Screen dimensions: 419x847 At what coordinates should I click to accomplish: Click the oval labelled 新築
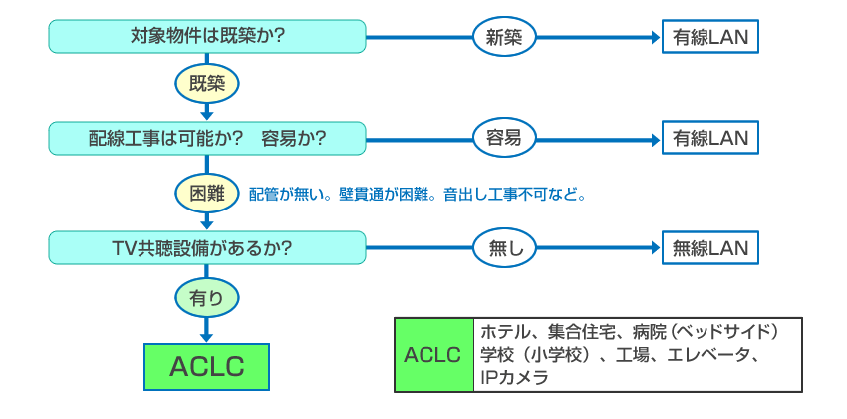(505, 37)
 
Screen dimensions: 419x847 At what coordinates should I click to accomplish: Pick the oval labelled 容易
(505, 137)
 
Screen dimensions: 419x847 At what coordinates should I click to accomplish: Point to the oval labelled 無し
(505, 246)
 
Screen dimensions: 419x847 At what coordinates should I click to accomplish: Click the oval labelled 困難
(207, 192)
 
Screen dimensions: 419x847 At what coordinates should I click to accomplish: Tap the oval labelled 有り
(207, 295)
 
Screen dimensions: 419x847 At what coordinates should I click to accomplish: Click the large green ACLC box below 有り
(207, 366)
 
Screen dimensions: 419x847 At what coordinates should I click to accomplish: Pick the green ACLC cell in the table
(433, 355)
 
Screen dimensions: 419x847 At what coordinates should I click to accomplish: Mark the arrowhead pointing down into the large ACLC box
(207, 337)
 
